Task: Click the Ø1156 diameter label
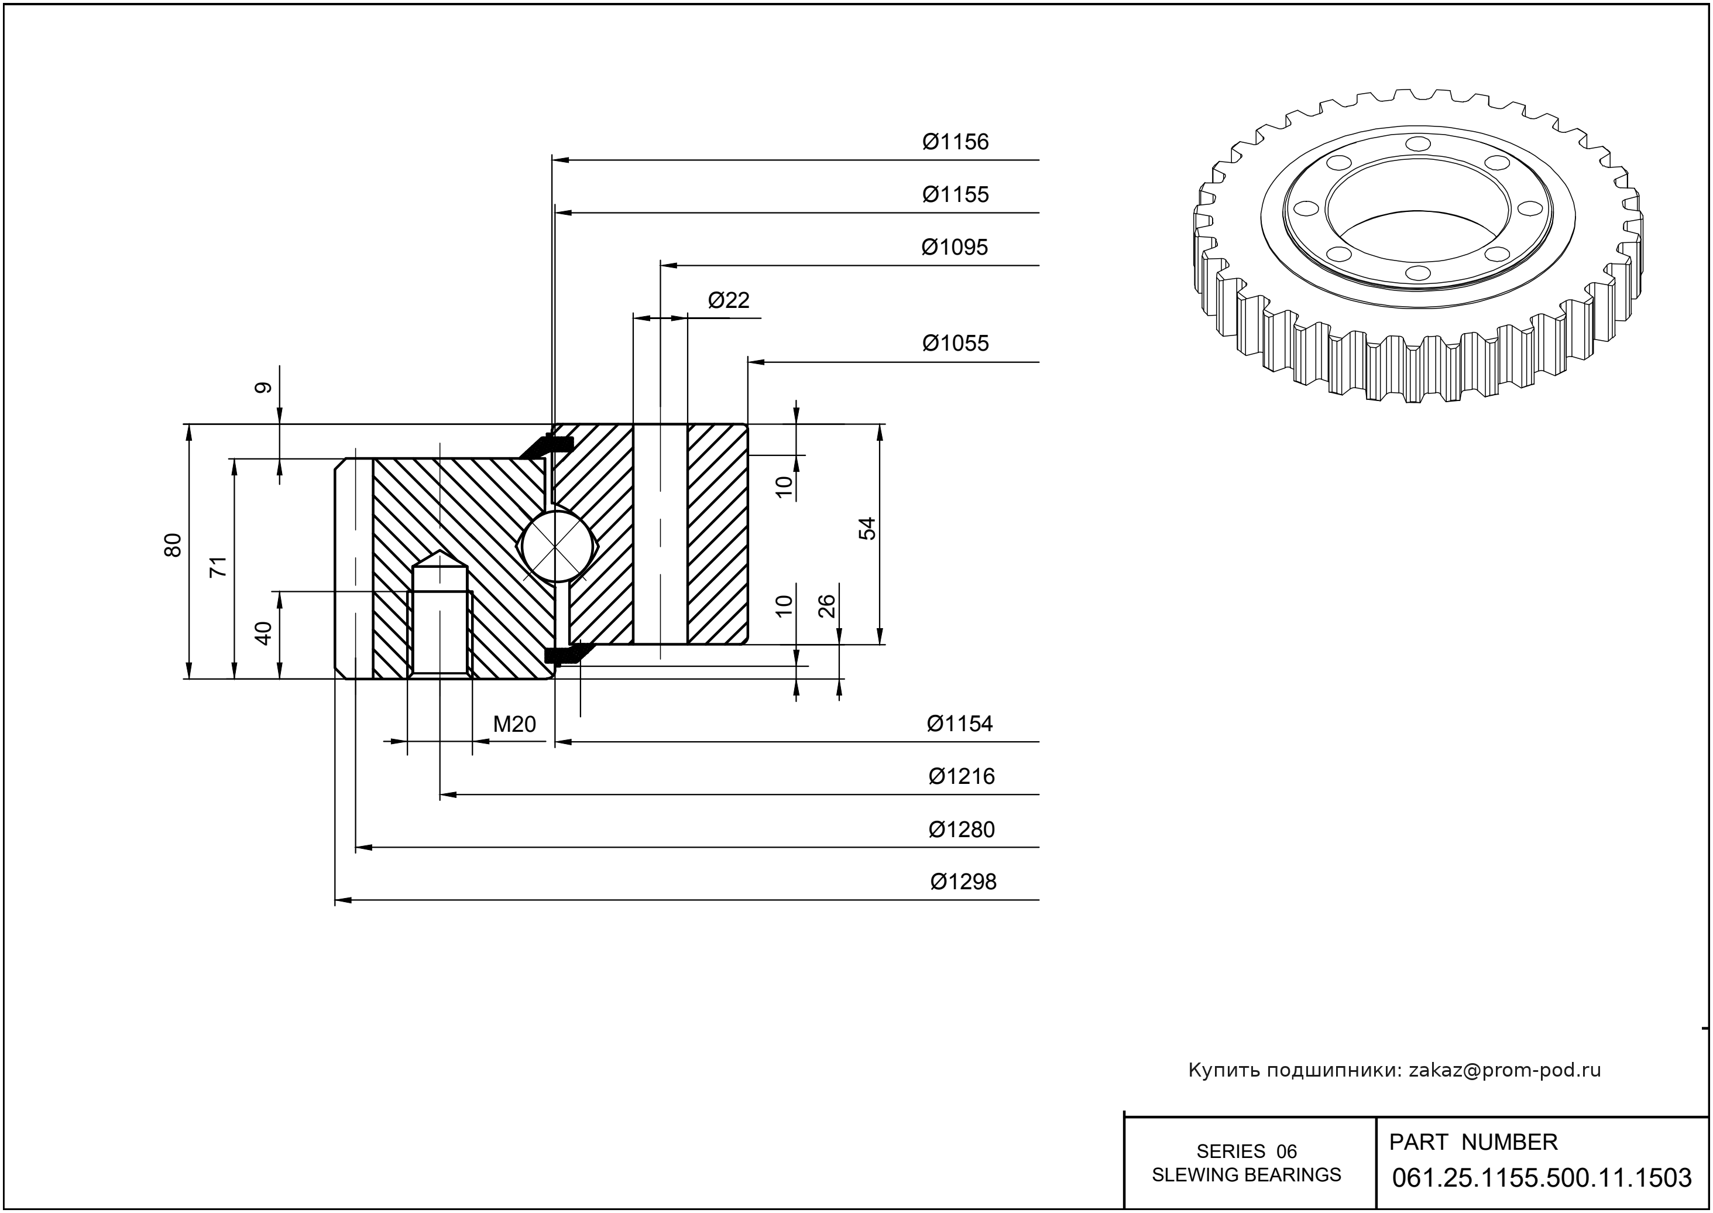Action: tap(955, 142)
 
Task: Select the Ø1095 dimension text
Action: tap(955, 247)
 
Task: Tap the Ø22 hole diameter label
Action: tap(728, 300)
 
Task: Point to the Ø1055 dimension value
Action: tap(955, 344)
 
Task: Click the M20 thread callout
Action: tap(514, 724)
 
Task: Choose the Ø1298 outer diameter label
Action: tap(963, 882)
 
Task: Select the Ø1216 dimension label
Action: tap(961, 777)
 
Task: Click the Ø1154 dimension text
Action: tap(960, 724)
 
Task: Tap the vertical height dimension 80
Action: tap(173, 545)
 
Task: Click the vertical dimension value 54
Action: tap(867, 528)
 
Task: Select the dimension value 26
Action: tap(826, 606)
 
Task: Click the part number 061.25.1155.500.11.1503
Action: tap(1542, 1178)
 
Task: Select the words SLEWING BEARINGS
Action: tap(1247, 1175)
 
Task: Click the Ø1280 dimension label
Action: tap(961, 830)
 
